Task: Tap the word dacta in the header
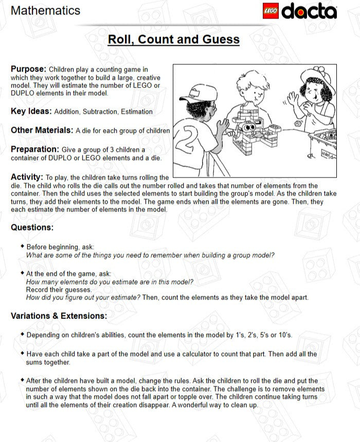(x=309, y=11)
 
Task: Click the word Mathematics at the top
(x=45, y=10)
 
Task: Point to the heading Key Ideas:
(x=31, y=111)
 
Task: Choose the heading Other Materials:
(x=42, y=130)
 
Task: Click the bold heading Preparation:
(x=35, y=149)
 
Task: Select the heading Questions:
(x=32, y=227)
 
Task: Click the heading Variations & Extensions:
(x=59, y=315)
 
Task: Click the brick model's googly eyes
(x=249, y=127)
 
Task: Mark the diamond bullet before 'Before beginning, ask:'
(x=22, y=246)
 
